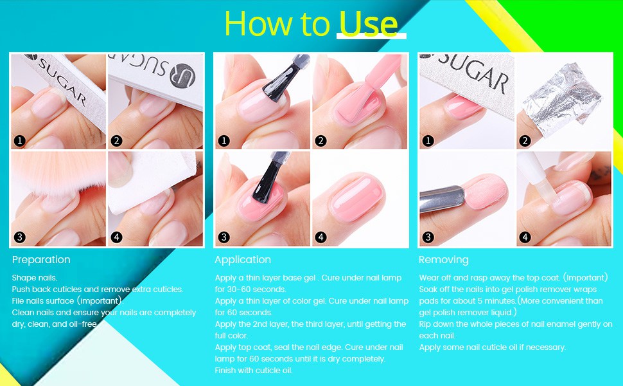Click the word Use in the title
(368, 24)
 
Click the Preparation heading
(41, 260)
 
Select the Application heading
(243, 260)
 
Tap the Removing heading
(444, 260)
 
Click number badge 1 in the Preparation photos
(19, 140)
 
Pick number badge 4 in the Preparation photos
(116, 237)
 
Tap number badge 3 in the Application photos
(224, 237)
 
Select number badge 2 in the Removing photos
(525, 140)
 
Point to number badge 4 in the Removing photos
(525, 237)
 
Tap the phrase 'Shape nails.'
(34, 277)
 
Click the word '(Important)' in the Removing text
(585, 277)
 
